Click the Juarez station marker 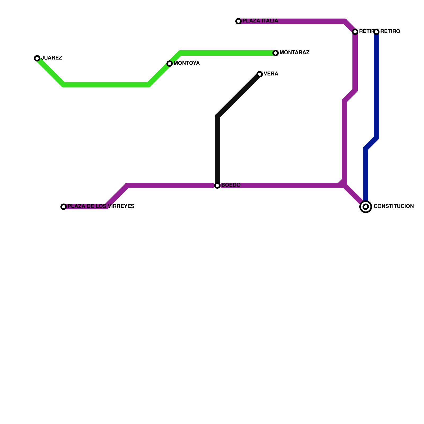pyautogui.click(x=37, y=58)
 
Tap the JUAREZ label pyautogui.click(x=52, y=58)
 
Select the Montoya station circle pyautogui.click(x=170, y=64)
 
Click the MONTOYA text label pyautogui.click(x=187, y=63)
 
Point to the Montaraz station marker pyautogui.click(x=276, y=53)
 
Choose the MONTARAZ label pyautogui.click(x=294, y=53)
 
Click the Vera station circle pyautogui.click(x=260, y=74)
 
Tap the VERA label pyautogui.click(x=271, y=74)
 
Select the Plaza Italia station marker pyautogui.click(x=238, y=21)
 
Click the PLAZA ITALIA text pyautogui.click(x=260, y=21)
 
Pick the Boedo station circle pyautogui.click(x=217, y=185)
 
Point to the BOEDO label pyautogui.click(x=231, y=185)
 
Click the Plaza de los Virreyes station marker pyautogui.click(x=64, y=207)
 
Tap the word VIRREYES pyautogui.click(x=121, y=206)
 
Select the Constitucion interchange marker pyautogui.click(x=366, y=207)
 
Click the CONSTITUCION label pyautogui.click(x=394, y=206)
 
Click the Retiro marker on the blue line pyautogui.click(x=376, y=32)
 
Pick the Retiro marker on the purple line pyautogui.click(x=355, y=32)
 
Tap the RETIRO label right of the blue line pyautogui.click(x=390, y=32)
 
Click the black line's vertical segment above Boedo pyautogui.click(x=217, y=148)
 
